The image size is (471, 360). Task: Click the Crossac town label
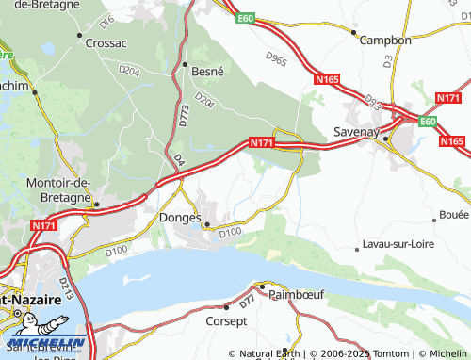(106, 42)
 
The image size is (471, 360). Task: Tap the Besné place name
(209, 70)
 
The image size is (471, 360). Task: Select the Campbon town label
(387, 41)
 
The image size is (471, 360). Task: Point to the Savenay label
(356, 133)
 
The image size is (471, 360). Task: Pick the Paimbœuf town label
(298, 294)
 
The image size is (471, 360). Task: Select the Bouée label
(454, 215)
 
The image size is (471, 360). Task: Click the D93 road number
(374, 100)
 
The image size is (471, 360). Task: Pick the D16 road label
(106, 19)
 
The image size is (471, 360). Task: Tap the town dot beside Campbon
(354, 33)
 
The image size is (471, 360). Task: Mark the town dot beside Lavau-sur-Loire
(356, 250)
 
